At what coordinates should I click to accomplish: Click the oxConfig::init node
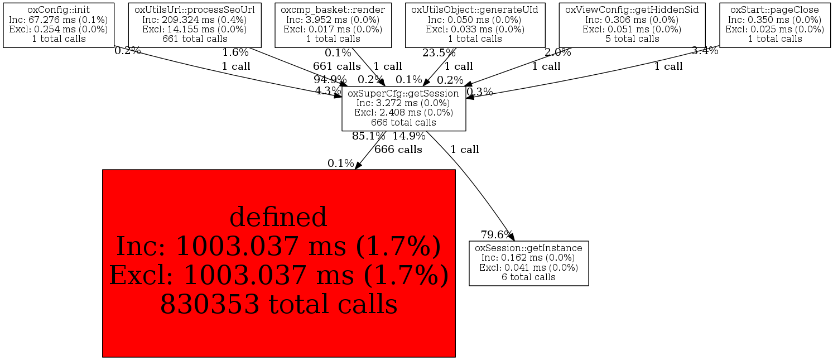click(59, 25)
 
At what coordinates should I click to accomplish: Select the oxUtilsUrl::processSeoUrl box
click(195, 25)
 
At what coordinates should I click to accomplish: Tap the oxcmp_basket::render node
click(333, 25)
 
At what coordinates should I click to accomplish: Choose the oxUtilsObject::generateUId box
click(475, 25)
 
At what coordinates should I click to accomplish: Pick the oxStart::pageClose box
click(774, 25)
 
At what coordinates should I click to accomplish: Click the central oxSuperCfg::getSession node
click(403, 108)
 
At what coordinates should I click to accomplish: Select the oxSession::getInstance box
click(528, 263)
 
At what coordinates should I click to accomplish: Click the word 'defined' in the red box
click(278, 217)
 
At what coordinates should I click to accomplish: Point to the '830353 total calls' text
click(278, 304)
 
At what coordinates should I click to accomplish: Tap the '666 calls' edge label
click(398, 150)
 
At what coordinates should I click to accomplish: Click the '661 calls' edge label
click(336, 66)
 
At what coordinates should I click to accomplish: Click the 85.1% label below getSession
click(368, 136)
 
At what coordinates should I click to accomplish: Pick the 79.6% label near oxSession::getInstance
click(496, 234)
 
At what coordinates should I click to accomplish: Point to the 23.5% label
click(439, 53)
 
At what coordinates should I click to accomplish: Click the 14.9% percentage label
click(409, 136)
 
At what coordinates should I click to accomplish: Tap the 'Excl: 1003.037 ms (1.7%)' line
click(278, 275)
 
